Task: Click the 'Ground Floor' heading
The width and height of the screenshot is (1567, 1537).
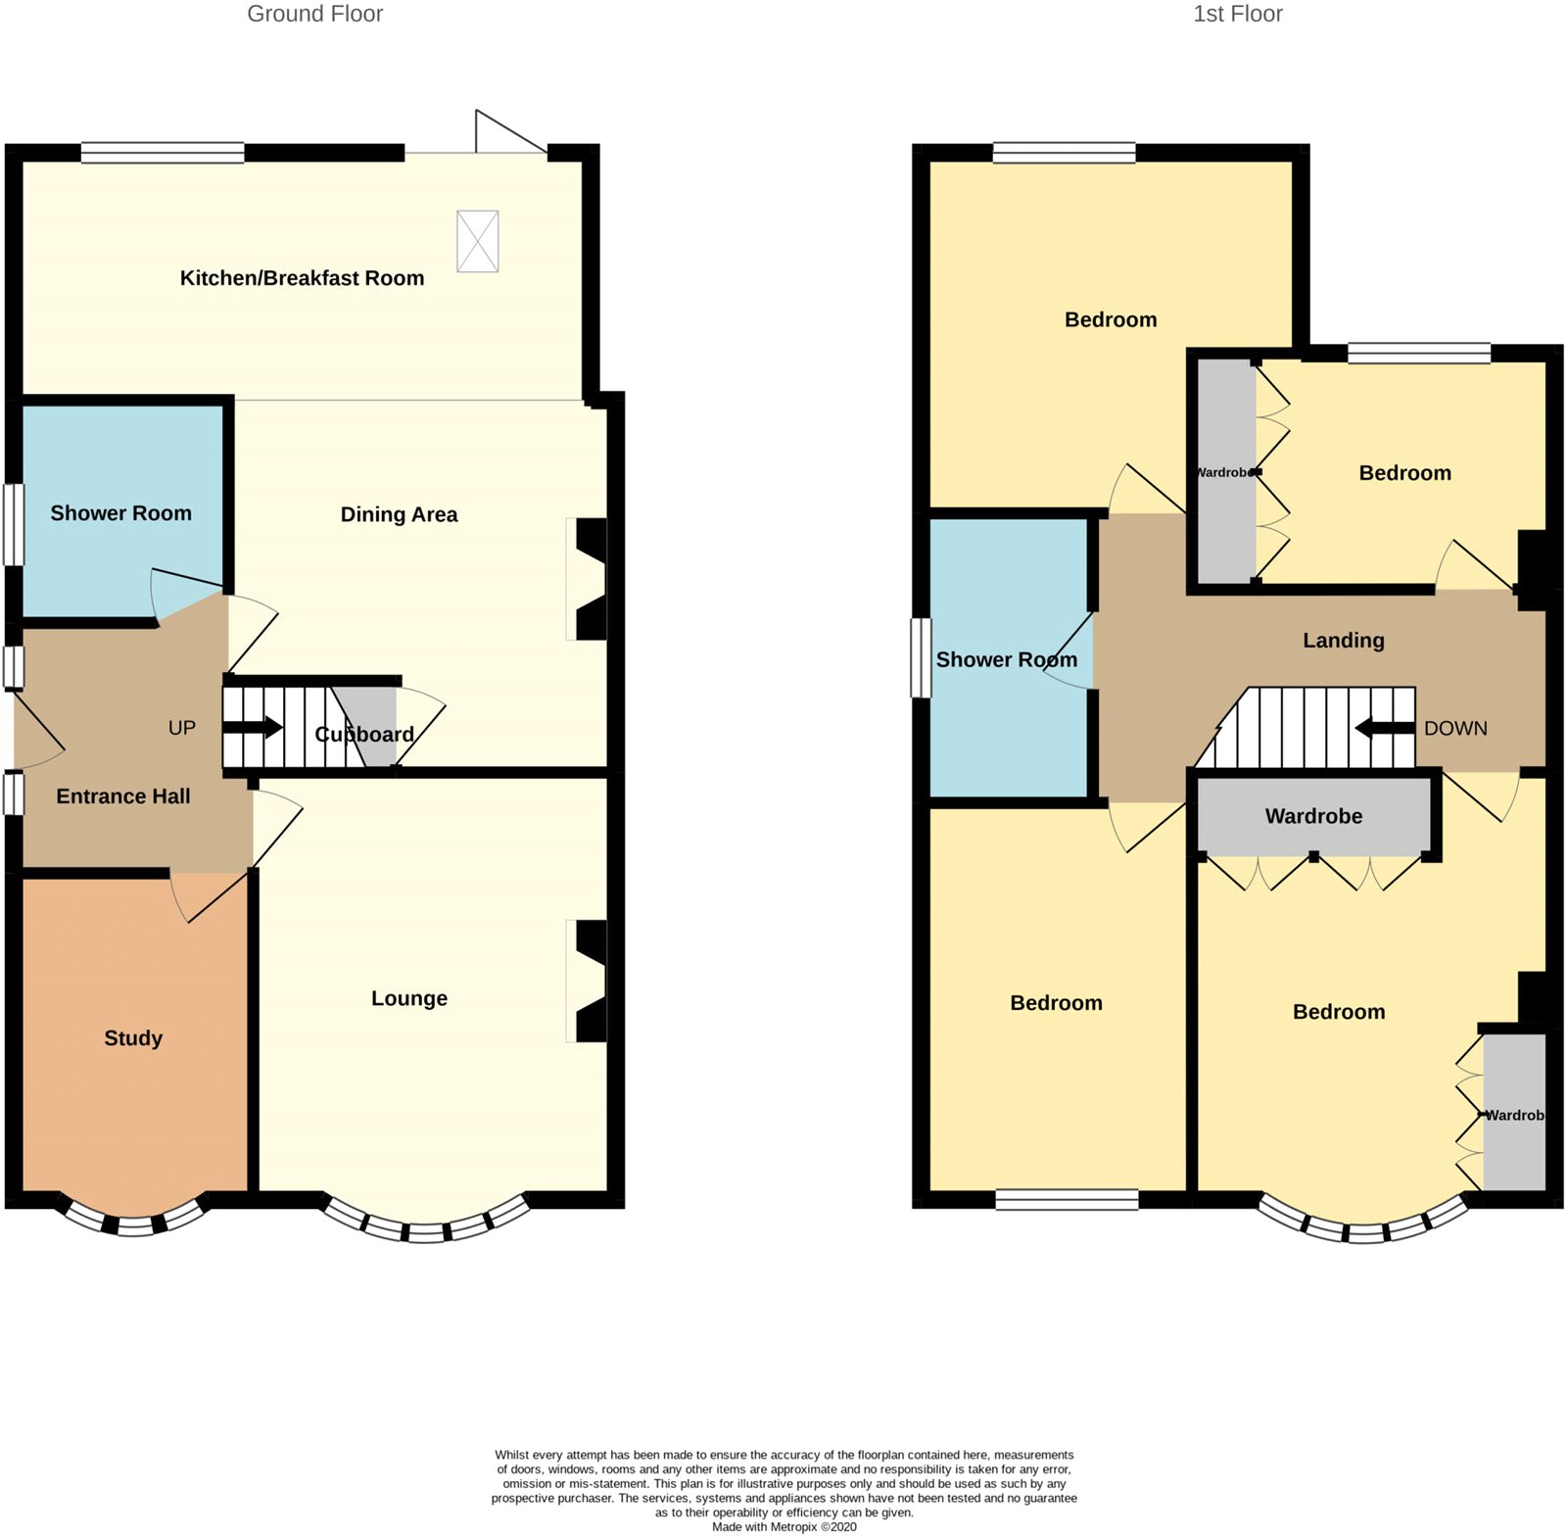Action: point(314,14)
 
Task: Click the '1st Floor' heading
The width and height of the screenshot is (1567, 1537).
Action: point(1237,14)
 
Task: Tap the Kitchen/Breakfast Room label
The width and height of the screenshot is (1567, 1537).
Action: point(302,278)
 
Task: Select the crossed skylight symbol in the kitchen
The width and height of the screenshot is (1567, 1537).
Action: point(478,241)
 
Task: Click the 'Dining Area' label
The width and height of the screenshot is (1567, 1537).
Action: point(399,514)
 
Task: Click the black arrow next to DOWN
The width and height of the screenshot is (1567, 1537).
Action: point(1385,728)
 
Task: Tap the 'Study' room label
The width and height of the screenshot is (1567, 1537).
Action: point(133,1038)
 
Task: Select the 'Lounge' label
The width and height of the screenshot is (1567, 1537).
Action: point(409,998)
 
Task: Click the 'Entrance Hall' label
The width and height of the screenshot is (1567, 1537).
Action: point(123,796)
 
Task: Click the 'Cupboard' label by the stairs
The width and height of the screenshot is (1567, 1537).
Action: point(364,735)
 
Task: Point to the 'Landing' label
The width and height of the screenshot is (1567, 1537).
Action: point(1343,641)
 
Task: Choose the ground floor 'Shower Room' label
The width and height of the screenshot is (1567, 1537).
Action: point(120,513)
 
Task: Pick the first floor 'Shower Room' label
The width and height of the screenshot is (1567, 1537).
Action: point(1006,660)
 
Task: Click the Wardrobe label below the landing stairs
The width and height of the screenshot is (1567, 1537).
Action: point(1313,816)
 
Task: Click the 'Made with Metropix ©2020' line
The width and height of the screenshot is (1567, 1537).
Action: point(783,1526)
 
